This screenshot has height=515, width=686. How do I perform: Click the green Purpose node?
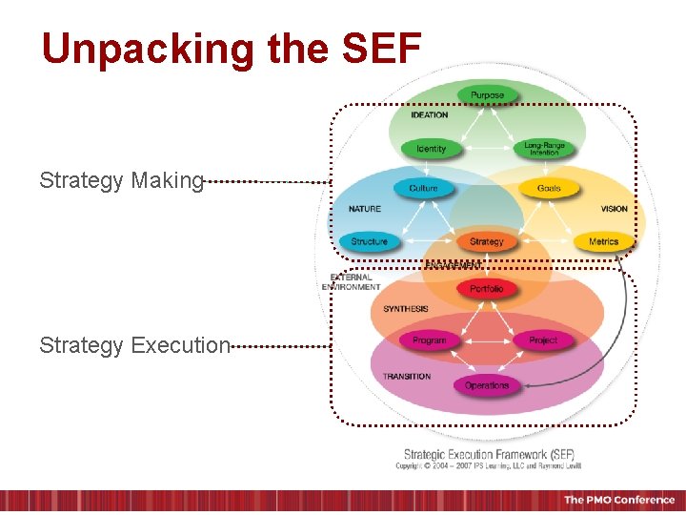[x=487, y=95]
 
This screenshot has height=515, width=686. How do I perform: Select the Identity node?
[x=431, y=149]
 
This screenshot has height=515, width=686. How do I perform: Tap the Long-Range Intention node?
[x=544, y=149]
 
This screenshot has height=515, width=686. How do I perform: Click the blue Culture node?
[x=423, y=189]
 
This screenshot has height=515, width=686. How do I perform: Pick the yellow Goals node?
[x=549, y=189]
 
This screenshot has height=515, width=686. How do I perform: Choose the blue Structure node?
[x=370, y=241]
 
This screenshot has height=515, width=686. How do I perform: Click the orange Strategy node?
[x=486, y=241]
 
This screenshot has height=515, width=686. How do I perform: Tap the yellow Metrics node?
[x=603, y=241]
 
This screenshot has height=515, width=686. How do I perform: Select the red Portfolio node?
[x=486, y=288]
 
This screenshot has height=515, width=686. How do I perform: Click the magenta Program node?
[x=429, y=340]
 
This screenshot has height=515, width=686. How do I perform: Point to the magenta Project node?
[x=543, y=340]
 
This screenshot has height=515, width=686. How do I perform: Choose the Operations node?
[x=487, y=385]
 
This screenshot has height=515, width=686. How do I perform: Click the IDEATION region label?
[x=429, y=115]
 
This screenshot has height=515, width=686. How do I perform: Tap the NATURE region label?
[x=365, y=209]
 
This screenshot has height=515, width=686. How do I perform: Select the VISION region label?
[x=614, y=209]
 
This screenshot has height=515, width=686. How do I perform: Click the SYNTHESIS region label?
[x=406, y=309]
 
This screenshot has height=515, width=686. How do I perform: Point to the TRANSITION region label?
[x=407, y=377]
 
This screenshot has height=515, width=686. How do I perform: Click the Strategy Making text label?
[x=121, y=180]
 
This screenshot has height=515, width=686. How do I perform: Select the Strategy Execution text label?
[x=134, y=345]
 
